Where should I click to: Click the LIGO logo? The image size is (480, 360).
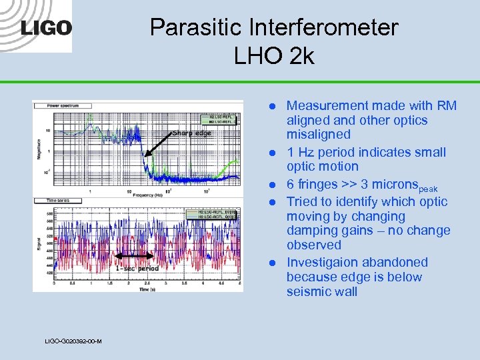tap(46, 27)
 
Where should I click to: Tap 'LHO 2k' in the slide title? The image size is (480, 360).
tap(273, 56)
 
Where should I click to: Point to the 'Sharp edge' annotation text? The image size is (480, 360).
tap(191, 133)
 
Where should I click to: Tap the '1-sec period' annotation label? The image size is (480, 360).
tap(137, 269)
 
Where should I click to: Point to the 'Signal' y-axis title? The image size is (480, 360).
tap(39, 243)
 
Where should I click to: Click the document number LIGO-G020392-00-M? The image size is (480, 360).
tap(73, 341)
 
